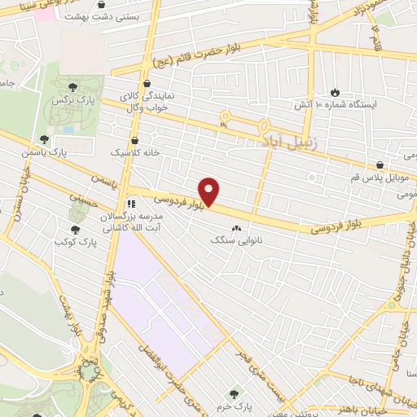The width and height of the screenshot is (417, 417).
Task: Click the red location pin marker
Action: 210,191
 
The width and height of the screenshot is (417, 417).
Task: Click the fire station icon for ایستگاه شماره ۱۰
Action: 334,92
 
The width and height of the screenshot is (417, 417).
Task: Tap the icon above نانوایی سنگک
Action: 237,228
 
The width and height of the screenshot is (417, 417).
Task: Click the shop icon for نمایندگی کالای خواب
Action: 147,83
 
